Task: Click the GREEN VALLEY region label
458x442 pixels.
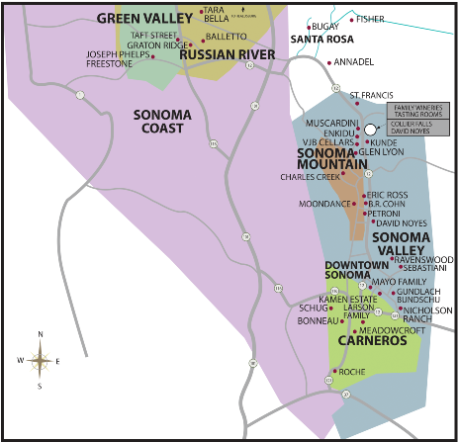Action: [x=137, y=18]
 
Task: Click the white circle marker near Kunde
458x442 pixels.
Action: [x=371, y=130]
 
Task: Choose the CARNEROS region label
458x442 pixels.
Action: [x=372, y=341]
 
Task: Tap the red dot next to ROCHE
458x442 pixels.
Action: [x=335, y=372]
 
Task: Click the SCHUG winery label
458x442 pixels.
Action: [x=312, y=308]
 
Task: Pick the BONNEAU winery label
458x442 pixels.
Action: [x=318, y=322]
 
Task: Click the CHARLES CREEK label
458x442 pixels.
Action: [x=310, y=177]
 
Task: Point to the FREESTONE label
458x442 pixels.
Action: [x=104, y=63]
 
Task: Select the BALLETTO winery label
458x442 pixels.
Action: [x=226, y=35]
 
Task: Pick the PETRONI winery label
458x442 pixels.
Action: [x=383, y=213]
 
